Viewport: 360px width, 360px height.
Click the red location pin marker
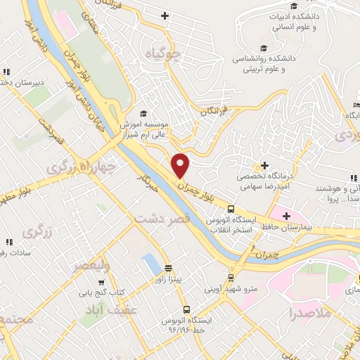tap(181, 165)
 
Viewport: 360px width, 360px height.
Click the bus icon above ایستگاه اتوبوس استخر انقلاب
tap(231, 208)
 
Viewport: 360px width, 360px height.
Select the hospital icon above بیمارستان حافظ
tap(285, 215)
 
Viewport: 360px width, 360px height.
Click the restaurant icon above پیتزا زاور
tap(168, 268)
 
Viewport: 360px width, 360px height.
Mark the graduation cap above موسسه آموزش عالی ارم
tap(143, 114)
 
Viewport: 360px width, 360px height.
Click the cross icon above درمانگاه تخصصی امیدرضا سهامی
tap(265, 165)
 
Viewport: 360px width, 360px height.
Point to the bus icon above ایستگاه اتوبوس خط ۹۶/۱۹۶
tap(186, 309)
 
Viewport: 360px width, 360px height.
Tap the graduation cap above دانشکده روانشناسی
tap(264, 48)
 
